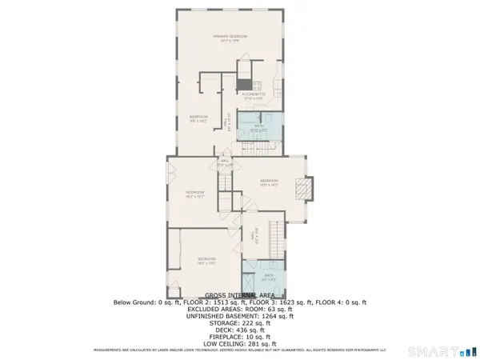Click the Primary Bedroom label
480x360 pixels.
click(230, 37)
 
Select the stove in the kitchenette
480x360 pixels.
click(256, 85)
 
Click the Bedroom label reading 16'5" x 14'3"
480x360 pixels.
click(268, 182)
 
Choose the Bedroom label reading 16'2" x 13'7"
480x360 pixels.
click(195, 194)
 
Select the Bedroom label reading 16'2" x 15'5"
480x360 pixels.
click(206, 261)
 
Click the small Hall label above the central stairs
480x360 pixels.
click(225, 163)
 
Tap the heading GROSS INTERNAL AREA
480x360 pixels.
click(240, 295)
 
